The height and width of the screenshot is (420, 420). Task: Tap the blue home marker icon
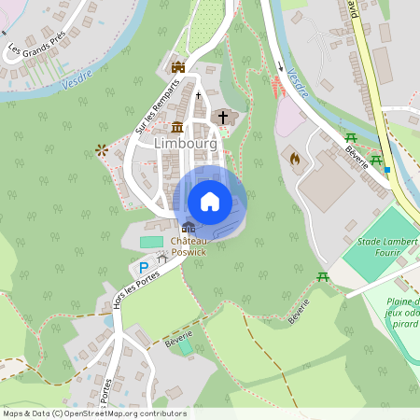pos(210,201)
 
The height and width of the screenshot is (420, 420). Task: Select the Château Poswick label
pos(189,245)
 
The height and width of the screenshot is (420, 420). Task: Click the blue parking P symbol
pos(142,267)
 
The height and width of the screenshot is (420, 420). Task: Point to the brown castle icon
pos(178,66)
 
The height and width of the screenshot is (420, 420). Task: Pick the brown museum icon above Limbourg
pos(177,127)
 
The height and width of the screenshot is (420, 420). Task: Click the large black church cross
pos(222,117)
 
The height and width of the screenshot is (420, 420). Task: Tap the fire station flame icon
pos(296,160)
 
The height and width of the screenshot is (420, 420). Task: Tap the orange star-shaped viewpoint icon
pos(101,148)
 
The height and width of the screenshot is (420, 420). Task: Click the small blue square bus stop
pos(387,171)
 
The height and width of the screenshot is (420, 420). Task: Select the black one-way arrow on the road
pos(280,66)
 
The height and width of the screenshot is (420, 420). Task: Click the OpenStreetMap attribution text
pos(93,413)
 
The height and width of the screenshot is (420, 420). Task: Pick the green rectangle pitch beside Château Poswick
pos(150,243)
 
